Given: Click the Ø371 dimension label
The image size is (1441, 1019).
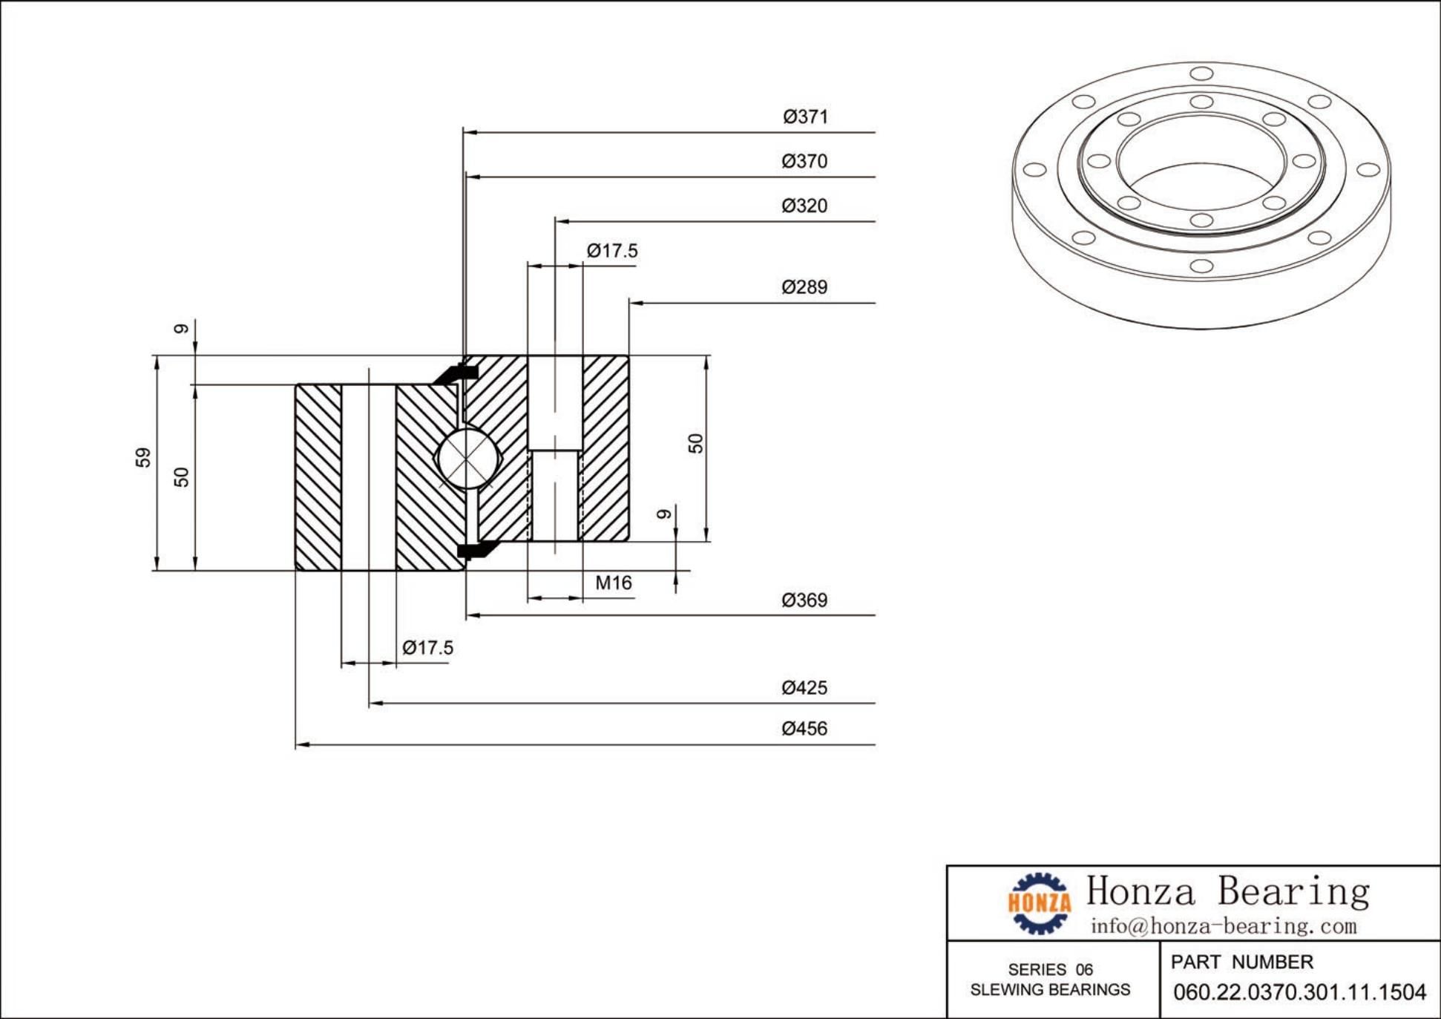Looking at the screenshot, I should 805,117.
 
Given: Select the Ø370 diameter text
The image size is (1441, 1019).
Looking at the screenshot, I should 804,161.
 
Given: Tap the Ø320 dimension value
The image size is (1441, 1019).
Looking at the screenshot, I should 804,206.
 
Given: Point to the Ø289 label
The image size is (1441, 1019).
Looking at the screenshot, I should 804,287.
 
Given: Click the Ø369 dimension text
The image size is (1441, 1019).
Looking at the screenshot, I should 804,600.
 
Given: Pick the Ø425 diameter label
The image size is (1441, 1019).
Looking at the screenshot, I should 804,687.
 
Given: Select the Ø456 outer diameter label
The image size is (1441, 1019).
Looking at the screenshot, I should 804,728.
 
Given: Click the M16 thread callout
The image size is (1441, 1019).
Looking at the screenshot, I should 614,583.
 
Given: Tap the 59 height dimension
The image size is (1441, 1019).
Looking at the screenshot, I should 143,457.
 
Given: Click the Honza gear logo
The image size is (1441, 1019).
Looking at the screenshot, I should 1039,902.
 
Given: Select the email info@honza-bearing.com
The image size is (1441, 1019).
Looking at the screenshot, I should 1223,926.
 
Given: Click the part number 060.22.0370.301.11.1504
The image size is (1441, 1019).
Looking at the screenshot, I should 1299,992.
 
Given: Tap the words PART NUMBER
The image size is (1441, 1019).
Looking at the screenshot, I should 1241,962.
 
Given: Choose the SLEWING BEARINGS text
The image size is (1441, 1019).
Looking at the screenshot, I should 1050,990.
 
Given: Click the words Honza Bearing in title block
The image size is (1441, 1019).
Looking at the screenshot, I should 1228,891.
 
